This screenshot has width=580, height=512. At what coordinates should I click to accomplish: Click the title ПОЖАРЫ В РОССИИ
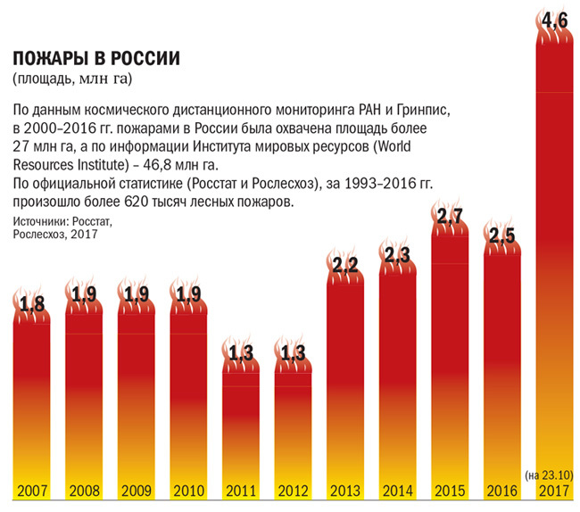[x=95, y=59]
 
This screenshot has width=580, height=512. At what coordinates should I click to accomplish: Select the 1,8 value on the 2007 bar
[x=32, y=304]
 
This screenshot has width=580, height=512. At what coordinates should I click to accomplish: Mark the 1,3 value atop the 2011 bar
[x=240, y=352]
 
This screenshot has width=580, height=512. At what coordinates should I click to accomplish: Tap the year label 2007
[x=33, y=490]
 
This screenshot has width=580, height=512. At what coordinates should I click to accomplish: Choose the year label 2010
[x=188, y=490]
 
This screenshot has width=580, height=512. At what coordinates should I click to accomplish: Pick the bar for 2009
[x=137, y=401]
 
